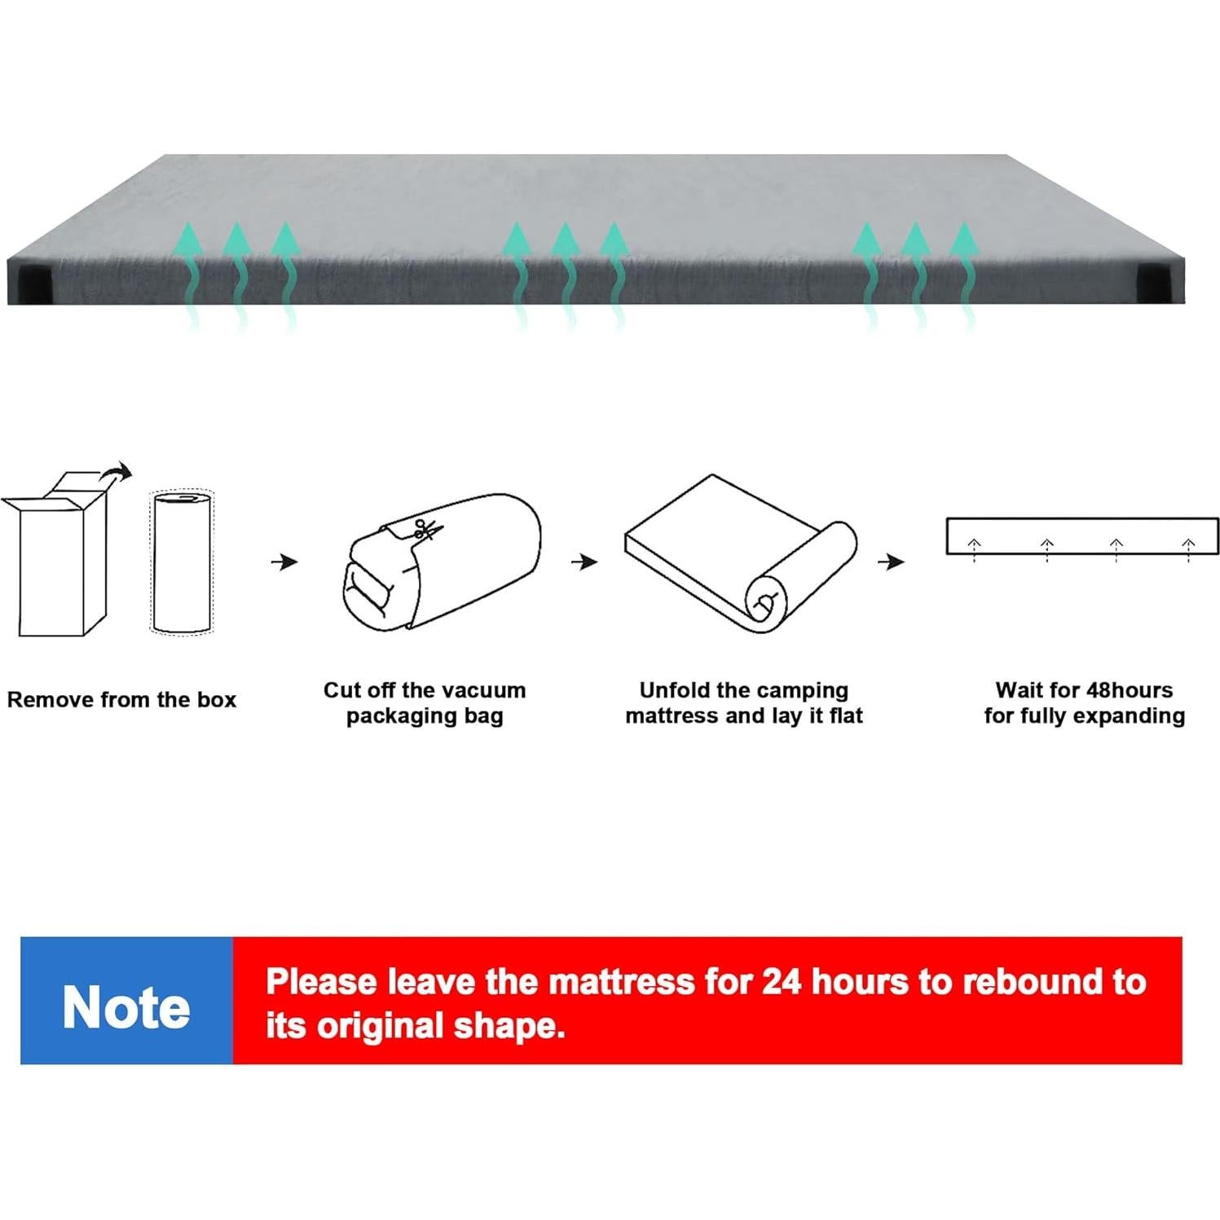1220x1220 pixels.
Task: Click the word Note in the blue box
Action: tap(126, 1007)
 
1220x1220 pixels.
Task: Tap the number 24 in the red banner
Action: tap(782, 981)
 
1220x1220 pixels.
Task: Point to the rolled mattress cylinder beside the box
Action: tap(182, 562)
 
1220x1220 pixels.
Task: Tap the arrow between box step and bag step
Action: tap(284, 562)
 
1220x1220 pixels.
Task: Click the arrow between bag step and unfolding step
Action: tap(584, 562)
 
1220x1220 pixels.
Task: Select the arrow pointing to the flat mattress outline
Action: tap(892, 562)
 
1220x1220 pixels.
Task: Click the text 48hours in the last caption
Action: tap(1129, 690)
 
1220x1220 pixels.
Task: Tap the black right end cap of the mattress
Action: tap(1161, 282)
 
